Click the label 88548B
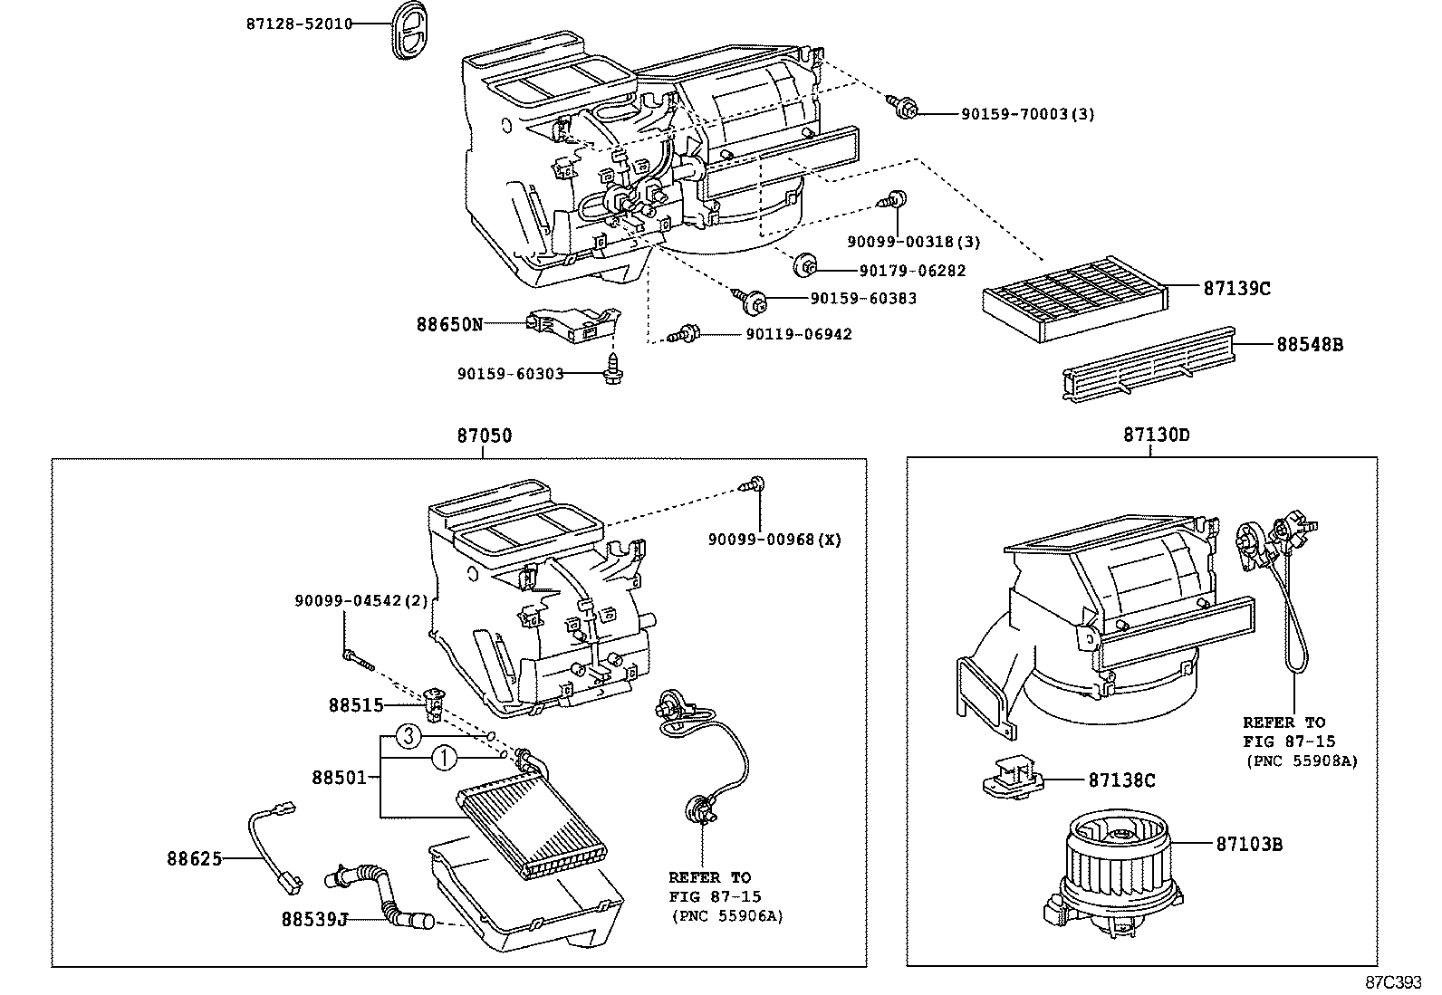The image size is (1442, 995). (x=1309, y=344)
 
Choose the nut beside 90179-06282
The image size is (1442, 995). (x=804, y=266)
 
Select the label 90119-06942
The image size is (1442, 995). (x=799, y=334)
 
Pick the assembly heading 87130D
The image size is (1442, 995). (x=1156, y=435)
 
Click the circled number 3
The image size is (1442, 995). (x=409, y=737)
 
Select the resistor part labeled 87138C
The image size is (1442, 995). (x=1019, y=778)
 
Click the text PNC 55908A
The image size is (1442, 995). (x=1302, y=761)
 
